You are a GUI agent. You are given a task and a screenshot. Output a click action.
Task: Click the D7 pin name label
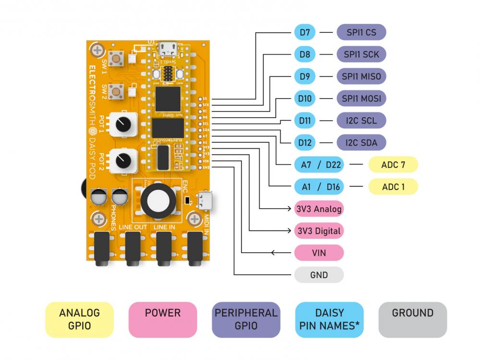[305, 33]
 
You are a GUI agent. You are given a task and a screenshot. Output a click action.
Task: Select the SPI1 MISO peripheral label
[361, 76]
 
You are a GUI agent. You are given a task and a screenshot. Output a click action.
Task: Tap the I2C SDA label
[361, 142]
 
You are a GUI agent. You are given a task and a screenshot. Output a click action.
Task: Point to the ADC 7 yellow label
[393, 164]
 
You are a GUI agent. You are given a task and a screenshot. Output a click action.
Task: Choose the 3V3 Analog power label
[319, 209]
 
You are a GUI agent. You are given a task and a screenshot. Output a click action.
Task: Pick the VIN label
[319, 253]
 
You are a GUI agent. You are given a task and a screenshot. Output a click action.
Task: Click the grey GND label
[319, 275]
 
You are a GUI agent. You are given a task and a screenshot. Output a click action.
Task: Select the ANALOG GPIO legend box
[79, 319]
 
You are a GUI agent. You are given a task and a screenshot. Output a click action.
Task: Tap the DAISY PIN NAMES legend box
[329, 319]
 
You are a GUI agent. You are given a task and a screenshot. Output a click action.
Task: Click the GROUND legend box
[412, 319]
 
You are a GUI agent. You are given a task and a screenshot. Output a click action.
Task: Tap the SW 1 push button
[116, 60]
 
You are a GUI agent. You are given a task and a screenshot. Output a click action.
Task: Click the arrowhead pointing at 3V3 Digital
[291, 231]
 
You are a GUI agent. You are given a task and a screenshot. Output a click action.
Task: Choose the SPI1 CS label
[361, 33]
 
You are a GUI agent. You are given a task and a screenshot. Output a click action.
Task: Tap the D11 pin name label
[305, 121]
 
